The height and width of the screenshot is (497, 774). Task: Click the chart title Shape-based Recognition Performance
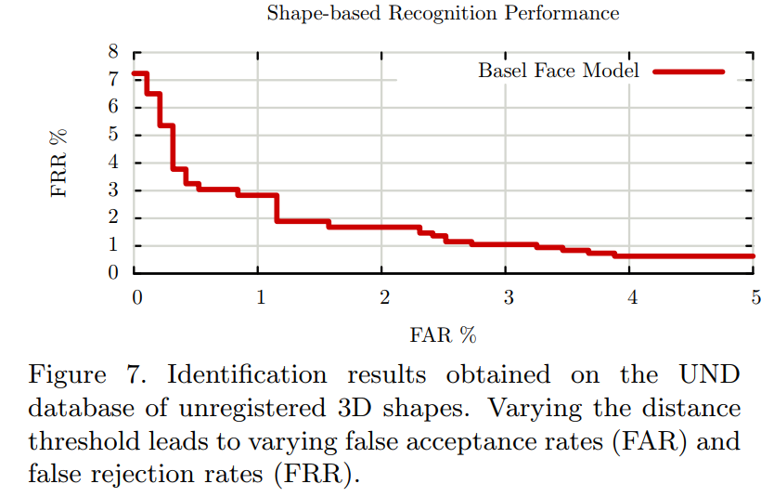pos(443,14)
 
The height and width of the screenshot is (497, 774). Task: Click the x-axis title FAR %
pos(443,334)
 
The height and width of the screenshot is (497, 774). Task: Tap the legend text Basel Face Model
pos(559,71)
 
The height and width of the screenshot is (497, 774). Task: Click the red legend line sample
pos(688,71)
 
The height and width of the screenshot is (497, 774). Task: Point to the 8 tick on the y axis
pos(113,52)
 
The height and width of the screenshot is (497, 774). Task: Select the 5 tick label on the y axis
pos(113,136)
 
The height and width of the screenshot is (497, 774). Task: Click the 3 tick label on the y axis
pos(113,190)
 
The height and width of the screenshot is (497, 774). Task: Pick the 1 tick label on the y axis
pos(113,246)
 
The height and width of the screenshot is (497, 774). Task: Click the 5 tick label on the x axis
pos(755,297)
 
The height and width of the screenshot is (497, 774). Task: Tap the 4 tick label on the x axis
pos(632,297)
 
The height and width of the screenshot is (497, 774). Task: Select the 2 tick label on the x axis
pos(384,297)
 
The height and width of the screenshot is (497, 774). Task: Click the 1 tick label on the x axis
pos(261,297)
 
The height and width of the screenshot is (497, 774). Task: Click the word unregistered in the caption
pos(303,409)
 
